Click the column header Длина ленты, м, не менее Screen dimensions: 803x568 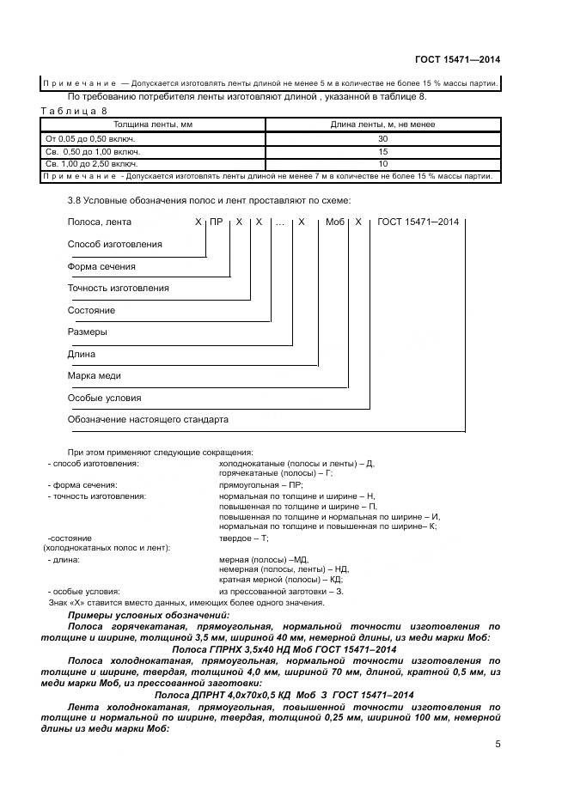click(x=382, y=125)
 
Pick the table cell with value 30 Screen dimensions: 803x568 click(x=382, y=138)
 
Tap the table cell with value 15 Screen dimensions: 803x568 click(x=382, y=151)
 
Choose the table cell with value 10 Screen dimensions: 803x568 click(x=382, y=163)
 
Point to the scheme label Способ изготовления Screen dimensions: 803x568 click(x=114, y=244)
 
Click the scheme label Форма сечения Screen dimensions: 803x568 click(x=101, y=266)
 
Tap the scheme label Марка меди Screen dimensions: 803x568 click(x=94, y=376)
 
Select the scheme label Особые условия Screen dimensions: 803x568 click(x=104, y=398)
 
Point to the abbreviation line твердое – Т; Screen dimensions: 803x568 click(x=244, y=538)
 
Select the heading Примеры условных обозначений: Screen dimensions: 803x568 click(x=148, y=616)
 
